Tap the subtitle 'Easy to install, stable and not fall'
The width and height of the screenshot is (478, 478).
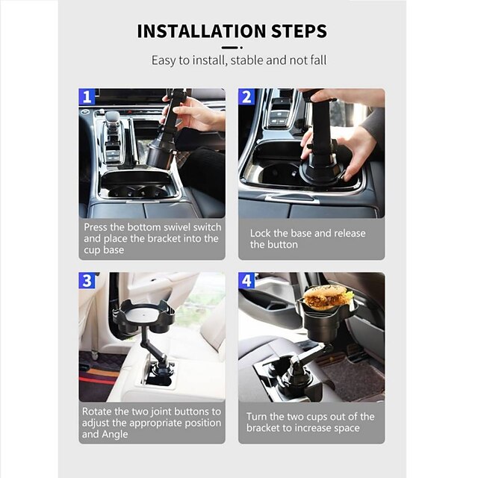pyautogui.click(x=239, y=60)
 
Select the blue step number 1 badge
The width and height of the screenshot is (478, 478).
pyautogui.click(x=87, y=97)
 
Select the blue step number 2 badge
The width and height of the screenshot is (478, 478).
pyautogui.click(x=247, y=97)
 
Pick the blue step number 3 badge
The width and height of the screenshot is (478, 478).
pyautogui.click(x=87, y=281)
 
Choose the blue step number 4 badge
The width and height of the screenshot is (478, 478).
pyautogui.click(x=247, y=281)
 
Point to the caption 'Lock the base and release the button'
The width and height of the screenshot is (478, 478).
pyautogui.click(x=308, y=239)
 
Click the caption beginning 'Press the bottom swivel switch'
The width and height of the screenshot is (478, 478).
pyautogui.click(x=152, y=238)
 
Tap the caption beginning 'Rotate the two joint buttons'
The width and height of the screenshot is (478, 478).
pyautogui.click(x=152, y=422)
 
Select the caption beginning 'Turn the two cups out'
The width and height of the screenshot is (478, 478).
pyautogui.click(x=311, y=422)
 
